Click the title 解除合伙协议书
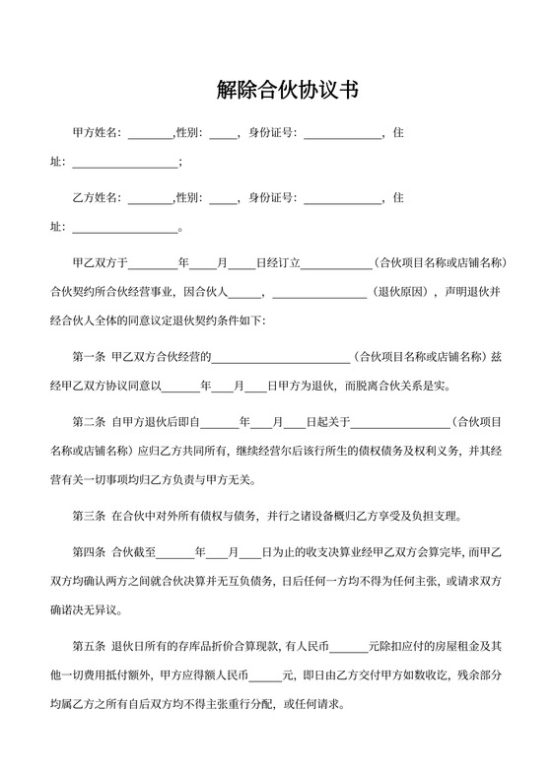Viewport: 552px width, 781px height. (x=287, y=91)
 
